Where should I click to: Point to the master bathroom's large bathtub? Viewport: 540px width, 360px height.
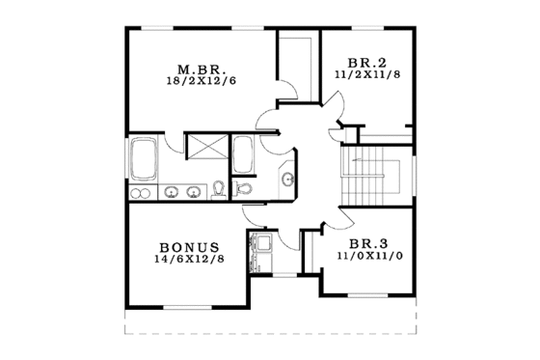coord(144,160)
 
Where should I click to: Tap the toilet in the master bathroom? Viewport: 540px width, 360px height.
coord(220,187)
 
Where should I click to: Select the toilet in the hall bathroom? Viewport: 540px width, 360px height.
coord(243,188)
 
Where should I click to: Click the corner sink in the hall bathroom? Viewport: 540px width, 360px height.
coord(288,179)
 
